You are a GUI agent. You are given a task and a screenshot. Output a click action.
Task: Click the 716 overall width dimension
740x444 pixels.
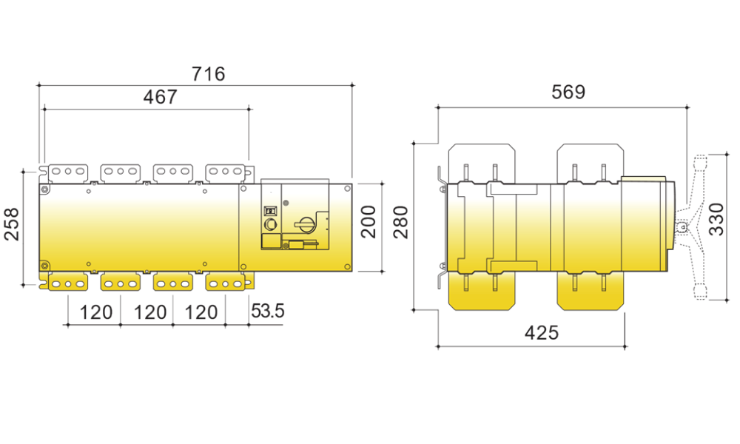point(208,74)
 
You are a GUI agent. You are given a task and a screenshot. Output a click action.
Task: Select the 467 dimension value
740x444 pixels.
point(160,97)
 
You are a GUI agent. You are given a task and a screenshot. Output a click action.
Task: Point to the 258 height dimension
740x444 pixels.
point(12,224)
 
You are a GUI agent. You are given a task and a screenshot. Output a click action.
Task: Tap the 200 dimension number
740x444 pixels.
point(369,221)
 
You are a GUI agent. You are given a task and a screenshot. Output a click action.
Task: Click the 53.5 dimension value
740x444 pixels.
point(268,311)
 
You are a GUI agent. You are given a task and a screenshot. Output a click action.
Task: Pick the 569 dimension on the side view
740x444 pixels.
point(568,92)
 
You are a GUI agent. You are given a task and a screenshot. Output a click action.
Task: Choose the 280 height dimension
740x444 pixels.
point(401,222)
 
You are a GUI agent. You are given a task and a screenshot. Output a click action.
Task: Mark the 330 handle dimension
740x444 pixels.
point(716,219)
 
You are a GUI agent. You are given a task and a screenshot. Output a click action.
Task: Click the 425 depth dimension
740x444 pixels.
point(542,333)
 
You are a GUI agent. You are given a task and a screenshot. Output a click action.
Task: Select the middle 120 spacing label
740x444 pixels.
point(150,312)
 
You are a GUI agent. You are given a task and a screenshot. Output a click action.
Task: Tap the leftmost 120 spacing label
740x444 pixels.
point(95,312)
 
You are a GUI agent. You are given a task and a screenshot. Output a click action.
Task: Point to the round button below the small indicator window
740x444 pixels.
point(271,224)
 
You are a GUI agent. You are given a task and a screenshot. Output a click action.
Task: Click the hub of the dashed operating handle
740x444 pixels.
point(682,227)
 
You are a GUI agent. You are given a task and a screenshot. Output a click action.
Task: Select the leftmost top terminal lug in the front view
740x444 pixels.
point(68,172)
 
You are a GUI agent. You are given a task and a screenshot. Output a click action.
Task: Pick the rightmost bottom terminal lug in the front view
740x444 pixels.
point(225,283)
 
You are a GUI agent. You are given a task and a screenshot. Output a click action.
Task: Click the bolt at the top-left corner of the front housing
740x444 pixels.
point(44,189)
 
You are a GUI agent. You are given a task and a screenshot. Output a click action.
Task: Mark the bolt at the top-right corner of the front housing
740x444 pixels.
point(347,189)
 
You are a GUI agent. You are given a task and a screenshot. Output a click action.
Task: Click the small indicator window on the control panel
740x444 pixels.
point(269,211)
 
